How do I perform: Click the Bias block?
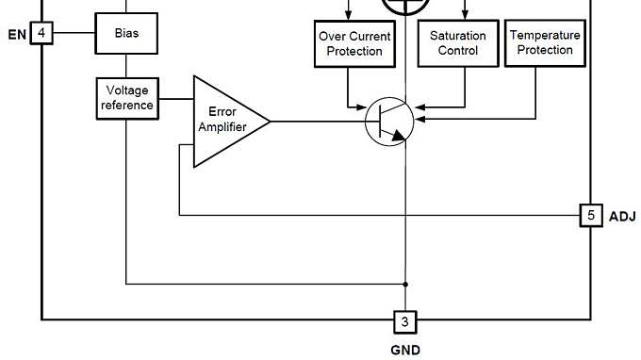pyautogui.click(x=126, y=33)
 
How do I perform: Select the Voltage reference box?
pyautogui.click(x=127, y=98)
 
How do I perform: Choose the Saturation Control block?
pyautogui.click(x=457, y=42)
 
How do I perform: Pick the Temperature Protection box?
pyautogui.click(x=545, y=42)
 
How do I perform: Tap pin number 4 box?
pyautogui.click(x=41, y=34)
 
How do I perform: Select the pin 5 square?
pyautogui.click(x=590, y=216)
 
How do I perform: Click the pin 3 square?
pyautogui.click(x=405, y=321)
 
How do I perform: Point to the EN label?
pyautogui.click(x=16, y=35)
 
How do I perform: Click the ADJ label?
pyautogui.click(x=622, y=217)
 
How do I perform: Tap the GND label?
pyautogui.click(x=405, y=349)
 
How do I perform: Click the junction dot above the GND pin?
pyautogui.click(x=405, y=283)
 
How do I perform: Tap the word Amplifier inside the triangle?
pyautogui.click(x=222, y=128)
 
